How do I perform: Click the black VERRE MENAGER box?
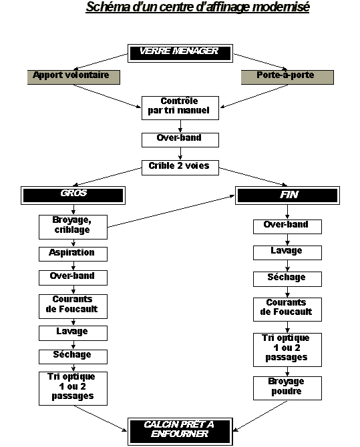coord(180,53)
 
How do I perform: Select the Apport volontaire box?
coord(73,77)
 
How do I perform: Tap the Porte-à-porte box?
coord(287,77)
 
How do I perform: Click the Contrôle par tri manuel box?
coord(180,108)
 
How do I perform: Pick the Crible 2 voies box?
coord(180,167)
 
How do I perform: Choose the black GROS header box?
coord(73,195)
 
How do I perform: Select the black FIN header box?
coord(287,195)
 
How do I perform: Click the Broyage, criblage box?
coord(73,228)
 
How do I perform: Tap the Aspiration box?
coord(73,254)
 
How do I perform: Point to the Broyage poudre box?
coord(287,388)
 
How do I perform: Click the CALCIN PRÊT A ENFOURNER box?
coord(180,432)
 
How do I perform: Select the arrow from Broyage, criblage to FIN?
coord(171,211)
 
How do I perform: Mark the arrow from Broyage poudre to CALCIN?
coord(260,416)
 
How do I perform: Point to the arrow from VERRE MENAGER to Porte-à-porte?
coord(260,62)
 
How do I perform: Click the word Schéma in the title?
coord(108,7)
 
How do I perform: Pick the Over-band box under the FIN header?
coord(287,227)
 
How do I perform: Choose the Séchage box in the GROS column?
coord(73,357)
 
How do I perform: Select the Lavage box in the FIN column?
coord(287,253)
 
